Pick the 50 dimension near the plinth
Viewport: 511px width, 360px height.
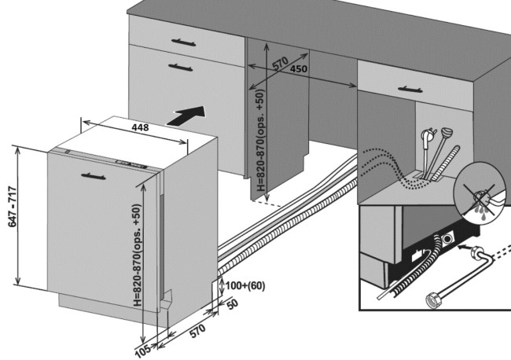pos(233,302)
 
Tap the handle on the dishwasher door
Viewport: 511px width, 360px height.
pos(95,177)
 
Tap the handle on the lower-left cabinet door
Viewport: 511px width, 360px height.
pos(180,64)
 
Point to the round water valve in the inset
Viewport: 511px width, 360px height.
pos(448,237)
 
